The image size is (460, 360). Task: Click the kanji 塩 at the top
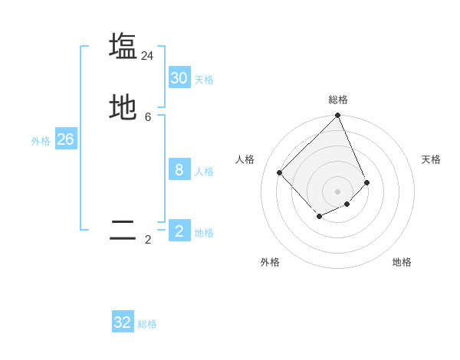click(123, 46)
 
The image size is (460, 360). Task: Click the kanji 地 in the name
click(123, 107)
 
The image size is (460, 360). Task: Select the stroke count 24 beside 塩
click(147, 56)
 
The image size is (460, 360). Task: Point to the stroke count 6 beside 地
click(148, 117)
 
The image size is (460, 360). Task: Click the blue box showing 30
click(179, 78)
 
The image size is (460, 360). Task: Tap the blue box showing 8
click(179, 170)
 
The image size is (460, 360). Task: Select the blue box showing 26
click(65, 139)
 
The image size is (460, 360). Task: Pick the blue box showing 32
click(123, 322)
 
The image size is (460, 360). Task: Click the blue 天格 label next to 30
click(204, 80)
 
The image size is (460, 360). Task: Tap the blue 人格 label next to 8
click(204, 172)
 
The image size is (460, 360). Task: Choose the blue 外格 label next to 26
click(41, 141)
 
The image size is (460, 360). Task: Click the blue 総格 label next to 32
click(147, 324)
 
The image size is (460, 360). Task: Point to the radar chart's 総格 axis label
click(338, 100)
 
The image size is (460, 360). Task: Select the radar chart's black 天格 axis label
click(431, 159)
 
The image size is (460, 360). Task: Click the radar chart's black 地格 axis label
click(402, 262)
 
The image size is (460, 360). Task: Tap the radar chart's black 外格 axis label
click(270, 262)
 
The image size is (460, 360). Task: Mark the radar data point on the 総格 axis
click(338, 116)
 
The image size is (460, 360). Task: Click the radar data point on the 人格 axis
click(280, 172)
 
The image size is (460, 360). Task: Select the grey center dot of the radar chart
click(338, 191)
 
